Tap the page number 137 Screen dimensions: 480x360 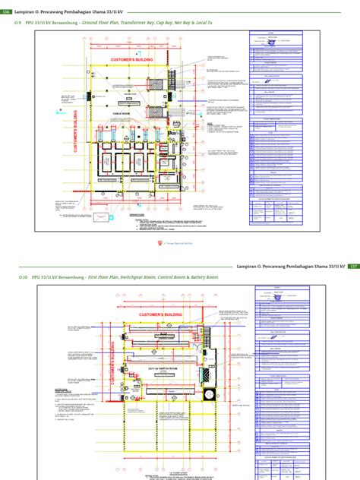[x=353, y=267]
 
